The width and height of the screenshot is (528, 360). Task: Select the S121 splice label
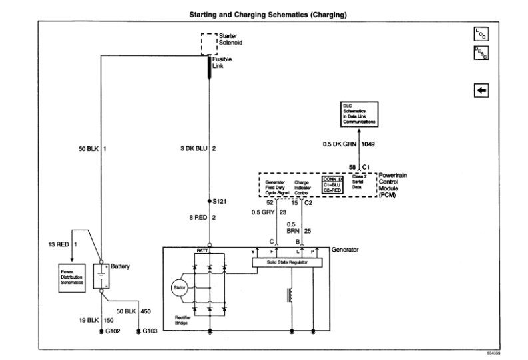click(x=220, y=200)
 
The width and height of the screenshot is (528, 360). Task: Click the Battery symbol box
click(x=101, y=275)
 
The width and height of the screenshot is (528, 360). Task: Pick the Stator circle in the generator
click(x=180, y=288)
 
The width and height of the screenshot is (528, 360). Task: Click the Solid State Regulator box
click(x=287, y=263)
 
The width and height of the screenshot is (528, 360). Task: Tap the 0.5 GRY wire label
click(x=263, y=212)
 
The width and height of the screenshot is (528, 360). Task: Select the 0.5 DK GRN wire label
click(x=337, y=143)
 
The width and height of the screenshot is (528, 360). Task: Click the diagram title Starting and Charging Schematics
click(x=264, y=13)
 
